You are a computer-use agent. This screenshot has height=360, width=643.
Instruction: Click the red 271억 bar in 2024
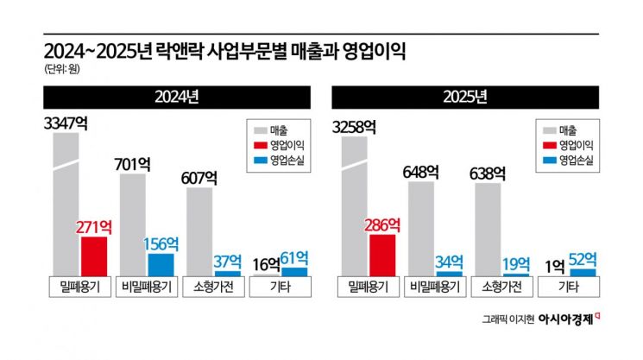(94, 256)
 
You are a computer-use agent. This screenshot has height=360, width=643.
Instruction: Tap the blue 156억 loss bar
(161, 264)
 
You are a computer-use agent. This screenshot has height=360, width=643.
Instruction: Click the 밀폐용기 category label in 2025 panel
(368, 287)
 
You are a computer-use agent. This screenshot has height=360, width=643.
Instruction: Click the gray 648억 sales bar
(421, 228)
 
